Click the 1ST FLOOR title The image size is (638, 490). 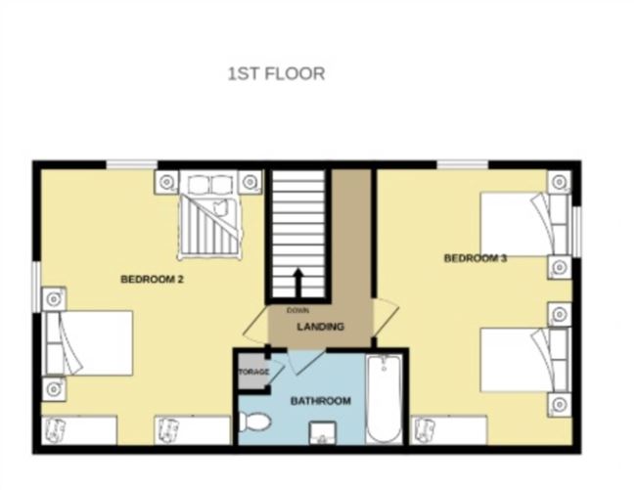coord(276,74)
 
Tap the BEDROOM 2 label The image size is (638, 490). coord(153,280)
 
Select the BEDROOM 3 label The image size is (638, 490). coord(476,258)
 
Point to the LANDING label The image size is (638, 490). coord(321,327)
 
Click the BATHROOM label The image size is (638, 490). coord(321,401)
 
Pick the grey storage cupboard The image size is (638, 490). coord(252,372)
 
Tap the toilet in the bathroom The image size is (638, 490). coord(254,422)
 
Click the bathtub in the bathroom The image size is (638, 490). coord(385,399)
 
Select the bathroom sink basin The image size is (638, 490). coord(323,433)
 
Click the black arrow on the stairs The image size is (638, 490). coord(298,283)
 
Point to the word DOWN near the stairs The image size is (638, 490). coord(297,311)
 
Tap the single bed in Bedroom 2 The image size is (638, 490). coord(87,343)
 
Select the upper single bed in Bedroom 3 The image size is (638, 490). coord(524,224)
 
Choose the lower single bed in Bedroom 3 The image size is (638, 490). coord(524,360)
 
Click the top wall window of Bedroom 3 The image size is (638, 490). coord(463,164)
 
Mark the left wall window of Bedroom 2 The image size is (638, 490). coord(37,288)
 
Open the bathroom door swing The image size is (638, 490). coord(306,361)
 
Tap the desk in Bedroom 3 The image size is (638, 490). coord(449,429)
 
